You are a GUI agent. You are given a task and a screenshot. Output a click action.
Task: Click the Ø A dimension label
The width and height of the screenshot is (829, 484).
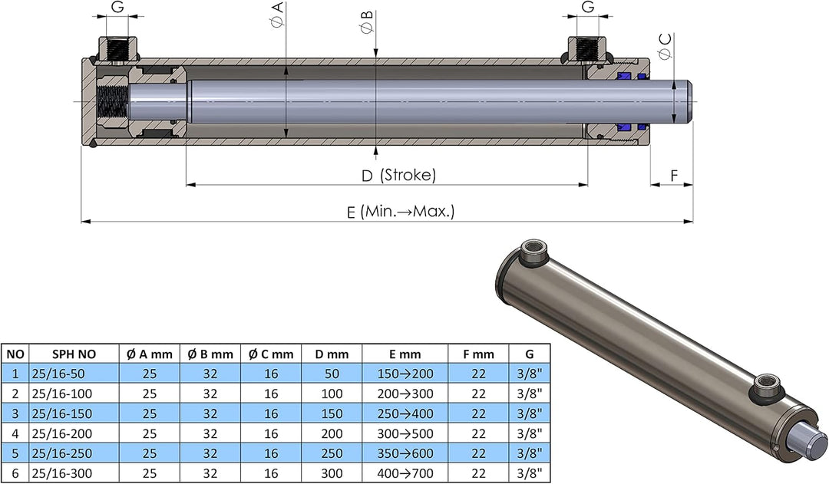click(277, 15)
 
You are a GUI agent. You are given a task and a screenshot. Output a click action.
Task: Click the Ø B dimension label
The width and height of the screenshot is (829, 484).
click(367, 21)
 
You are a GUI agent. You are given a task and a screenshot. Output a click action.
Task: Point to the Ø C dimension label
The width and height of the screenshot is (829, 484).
click(665, 46)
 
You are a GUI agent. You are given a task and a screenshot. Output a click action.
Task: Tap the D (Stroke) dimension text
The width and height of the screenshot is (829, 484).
click(398, 175)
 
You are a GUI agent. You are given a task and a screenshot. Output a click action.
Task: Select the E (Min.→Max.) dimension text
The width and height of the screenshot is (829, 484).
click(401, 212)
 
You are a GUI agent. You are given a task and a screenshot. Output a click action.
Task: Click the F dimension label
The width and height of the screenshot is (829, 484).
click(674, 176)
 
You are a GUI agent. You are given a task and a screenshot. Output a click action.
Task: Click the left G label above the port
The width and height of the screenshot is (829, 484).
click(117, 8)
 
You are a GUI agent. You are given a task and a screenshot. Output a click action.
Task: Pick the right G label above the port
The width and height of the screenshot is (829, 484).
click(587, 8)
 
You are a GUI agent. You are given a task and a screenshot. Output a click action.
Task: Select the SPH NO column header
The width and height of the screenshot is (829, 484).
click(74, 354)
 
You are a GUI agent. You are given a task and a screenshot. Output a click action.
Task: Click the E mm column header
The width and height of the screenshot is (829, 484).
click(405, 354)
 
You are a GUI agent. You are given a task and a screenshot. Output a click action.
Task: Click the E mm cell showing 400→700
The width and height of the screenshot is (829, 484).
click(405, 473)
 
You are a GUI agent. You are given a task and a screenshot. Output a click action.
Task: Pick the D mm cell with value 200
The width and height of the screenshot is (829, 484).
click(332, 434)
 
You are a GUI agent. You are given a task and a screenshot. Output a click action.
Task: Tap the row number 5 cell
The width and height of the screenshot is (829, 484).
click(15, 453)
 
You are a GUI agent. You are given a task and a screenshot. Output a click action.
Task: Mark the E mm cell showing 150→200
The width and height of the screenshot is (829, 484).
click(405, 374)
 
